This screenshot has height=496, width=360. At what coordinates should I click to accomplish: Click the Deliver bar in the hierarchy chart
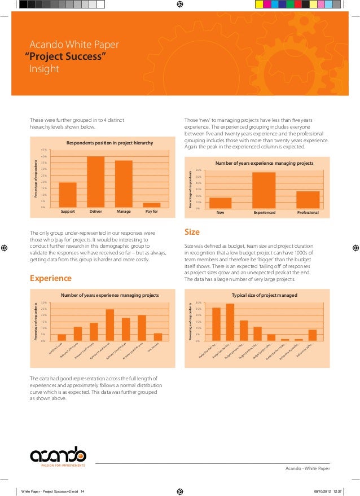coord(95,182)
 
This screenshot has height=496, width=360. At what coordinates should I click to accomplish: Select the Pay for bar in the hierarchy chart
coord(151,205)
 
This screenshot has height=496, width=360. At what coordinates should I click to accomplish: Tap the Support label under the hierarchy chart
coord(68,213)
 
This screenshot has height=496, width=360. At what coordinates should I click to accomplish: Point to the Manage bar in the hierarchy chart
coord(124,184)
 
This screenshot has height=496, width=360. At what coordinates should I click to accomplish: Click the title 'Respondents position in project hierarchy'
coord(109,143)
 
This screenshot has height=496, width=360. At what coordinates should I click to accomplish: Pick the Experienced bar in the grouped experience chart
coord(264,190)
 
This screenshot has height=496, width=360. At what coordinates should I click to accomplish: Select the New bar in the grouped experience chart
coord(220,203)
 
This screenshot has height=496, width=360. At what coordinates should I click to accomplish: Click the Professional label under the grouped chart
coord(308,213)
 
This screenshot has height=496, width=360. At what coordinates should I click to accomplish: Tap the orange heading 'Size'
coord(192,232)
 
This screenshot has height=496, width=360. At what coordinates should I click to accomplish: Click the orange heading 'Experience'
coord(50,278)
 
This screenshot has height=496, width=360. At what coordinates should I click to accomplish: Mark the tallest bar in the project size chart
coord(230,322)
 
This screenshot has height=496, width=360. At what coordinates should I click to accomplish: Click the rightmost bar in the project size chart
coord(313,335)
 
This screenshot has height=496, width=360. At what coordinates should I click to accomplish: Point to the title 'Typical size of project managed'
coord(264,295)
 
